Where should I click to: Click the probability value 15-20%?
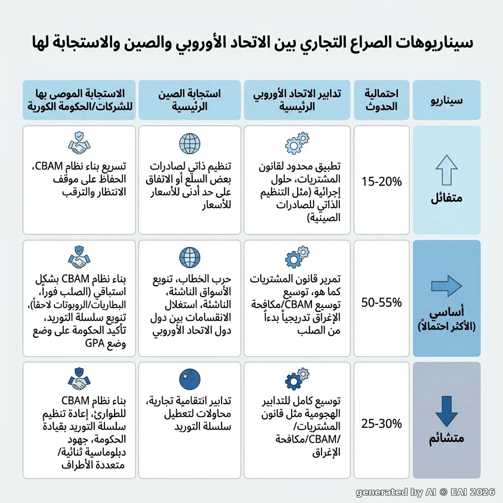(x=381, y=182)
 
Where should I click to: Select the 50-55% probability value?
(x=381, y=302)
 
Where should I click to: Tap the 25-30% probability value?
(x=381, y=423)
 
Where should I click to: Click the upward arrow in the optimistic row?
(x=447, y=169)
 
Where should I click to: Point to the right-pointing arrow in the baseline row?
(x=447, y=286)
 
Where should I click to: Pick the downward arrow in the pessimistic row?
(x=447, y=411)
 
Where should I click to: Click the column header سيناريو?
(x=447, y=100)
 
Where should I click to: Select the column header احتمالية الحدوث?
(x=381, y=100)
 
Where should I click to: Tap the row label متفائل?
(x=447, y=197)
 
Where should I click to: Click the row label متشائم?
(x=447, y=438)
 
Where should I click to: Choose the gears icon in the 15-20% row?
(x=297, y=143)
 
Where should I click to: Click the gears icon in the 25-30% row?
(x=297, y=379)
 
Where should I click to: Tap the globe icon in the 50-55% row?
(x=190, y=257)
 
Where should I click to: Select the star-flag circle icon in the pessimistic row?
(x=190, y=379)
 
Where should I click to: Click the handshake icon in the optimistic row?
(x=79, y=143)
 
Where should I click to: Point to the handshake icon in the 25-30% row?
(x=79, y=379)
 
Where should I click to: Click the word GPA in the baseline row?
(x=95, y=343)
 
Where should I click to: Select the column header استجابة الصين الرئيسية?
(x=190, y=100)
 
